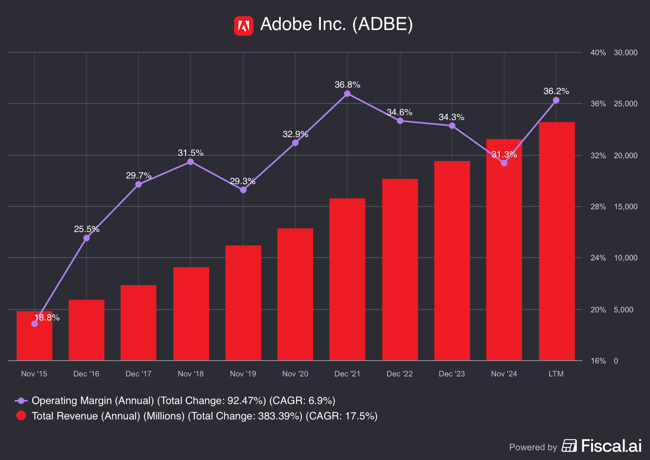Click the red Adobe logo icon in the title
243,26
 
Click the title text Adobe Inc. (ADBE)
336,24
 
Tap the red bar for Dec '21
347,280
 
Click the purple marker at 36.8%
347,94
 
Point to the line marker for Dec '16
87,238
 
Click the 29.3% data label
243,181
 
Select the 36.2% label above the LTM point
556,91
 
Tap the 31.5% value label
191,153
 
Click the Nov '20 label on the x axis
295,374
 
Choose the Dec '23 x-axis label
452,374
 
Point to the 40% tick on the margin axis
598,53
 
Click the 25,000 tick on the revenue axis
626,104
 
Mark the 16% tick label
598,361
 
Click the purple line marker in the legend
21,401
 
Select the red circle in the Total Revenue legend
21,416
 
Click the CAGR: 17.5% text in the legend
341,416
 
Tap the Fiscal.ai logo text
611,446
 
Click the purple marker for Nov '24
504,163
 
